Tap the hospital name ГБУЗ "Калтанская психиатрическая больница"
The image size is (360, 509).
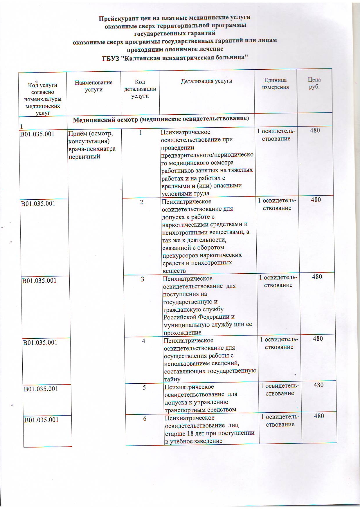[x=174, y=57]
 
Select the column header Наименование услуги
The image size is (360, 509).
[x=93, y=86]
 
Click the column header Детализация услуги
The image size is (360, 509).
[x=206, y=81]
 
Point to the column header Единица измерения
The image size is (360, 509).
[x=275, y=84]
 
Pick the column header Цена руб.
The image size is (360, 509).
[x=314, y=83]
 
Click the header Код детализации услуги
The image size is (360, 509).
[x=140, y=89]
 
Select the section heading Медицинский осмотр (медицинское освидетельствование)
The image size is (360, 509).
[x=161, y=119]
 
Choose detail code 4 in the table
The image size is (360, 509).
[x=144, y=341]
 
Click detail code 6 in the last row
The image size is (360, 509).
[x=145, y=418]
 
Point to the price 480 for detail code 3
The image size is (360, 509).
[x=317, y=277]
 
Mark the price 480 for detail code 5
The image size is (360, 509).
[x=318, y=385]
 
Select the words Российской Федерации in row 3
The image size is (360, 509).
[x=199, y=317]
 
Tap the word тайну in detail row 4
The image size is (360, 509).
[x=172, y=379]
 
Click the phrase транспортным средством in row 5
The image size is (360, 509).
[x=200, y=410]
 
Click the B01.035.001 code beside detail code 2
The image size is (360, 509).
[x=38, y=203]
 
